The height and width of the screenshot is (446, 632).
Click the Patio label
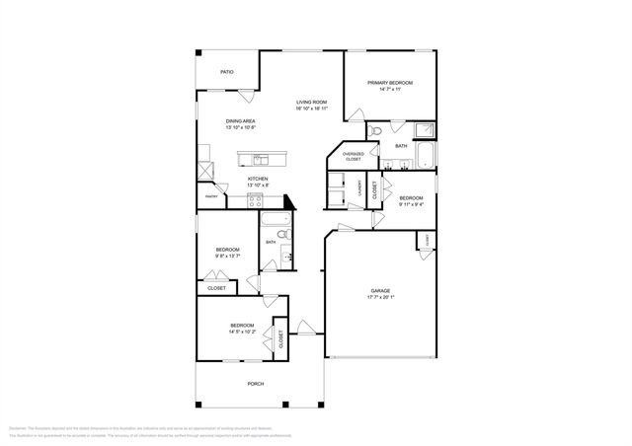click(x=226, y=72)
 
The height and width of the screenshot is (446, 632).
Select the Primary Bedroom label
click(x=389, y=83)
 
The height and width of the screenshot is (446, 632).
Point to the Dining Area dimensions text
click(x=241, y=127)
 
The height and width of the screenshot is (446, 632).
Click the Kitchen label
click(x=244, y=179)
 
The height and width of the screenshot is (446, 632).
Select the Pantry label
click(x=211, y=196)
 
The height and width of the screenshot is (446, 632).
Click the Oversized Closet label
click(x=353, y=156)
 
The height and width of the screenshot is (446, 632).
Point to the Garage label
click(x=380, y=291)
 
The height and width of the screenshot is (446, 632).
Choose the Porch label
click(x=255, y=383)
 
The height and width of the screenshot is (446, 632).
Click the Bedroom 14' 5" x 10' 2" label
click(x=242, y=326)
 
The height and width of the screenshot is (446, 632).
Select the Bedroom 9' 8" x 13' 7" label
click(x=228, y=250)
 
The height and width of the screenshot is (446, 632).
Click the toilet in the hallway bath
click(x=281, y=235)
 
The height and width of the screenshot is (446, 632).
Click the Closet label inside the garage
click(x=428, y=240)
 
